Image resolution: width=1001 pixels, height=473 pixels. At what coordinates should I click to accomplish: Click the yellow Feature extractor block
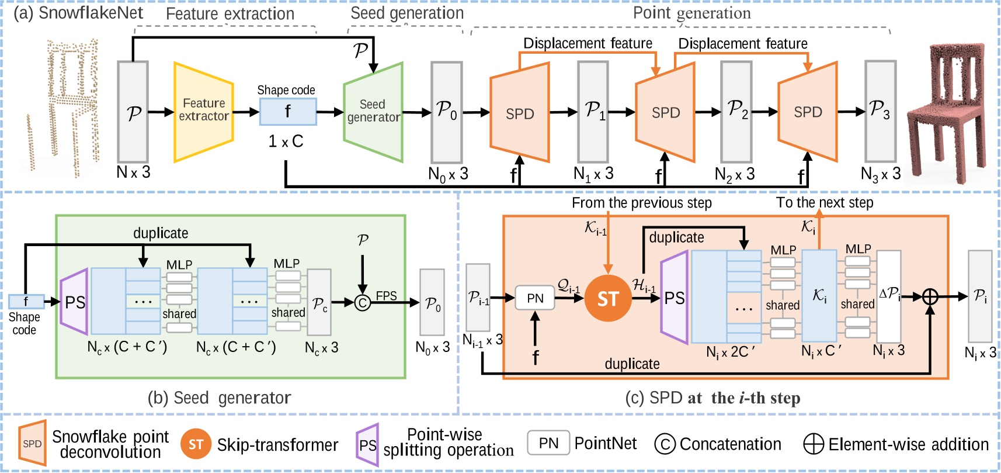(203, 111)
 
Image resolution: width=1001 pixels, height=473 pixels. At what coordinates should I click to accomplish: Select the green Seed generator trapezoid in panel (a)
(373, 112)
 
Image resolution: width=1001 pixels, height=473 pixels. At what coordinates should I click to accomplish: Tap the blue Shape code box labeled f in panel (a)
(288, 111)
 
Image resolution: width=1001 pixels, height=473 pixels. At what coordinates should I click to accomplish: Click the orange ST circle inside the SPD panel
(607, 298)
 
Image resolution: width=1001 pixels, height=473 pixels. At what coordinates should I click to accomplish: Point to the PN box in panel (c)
(535, 298)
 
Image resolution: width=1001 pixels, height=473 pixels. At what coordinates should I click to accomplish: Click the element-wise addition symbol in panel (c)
(930, 297)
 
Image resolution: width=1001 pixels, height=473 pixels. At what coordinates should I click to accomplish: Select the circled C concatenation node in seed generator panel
(363, 302)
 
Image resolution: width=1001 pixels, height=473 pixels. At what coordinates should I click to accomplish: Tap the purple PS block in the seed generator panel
(74, 302)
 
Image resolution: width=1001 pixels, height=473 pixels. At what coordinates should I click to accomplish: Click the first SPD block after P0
(519, 113)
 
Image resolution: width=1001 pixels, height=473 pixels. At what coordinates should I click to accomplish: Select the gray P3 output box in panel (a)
(880, 111)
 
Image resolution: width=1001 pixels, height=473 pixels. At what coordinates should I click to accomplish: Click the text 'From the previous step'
(641, 203)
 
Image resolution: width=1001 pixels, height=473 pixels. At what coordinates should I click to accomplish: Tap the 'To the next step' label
(824, 202)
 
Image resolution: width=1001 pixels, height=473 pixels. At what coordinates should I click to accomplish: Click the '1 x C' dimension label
(286, 141)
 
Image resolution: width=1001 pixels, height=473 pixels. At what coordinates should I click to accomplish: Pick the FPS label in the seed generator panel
(386, 296)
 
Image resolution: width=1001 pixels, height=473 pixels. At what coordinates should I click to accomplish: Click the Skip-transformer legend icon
(196, 444)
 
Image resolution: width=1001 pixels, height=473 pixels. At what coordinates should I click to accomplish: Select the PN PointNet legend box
(548, 443)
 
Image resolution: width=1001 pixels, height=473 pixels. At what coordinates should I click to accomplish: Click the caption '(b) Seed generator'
(219, 398)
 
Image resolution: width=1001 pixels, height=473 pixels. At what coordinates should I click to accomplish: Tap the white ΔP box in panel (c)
(889, 296)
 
